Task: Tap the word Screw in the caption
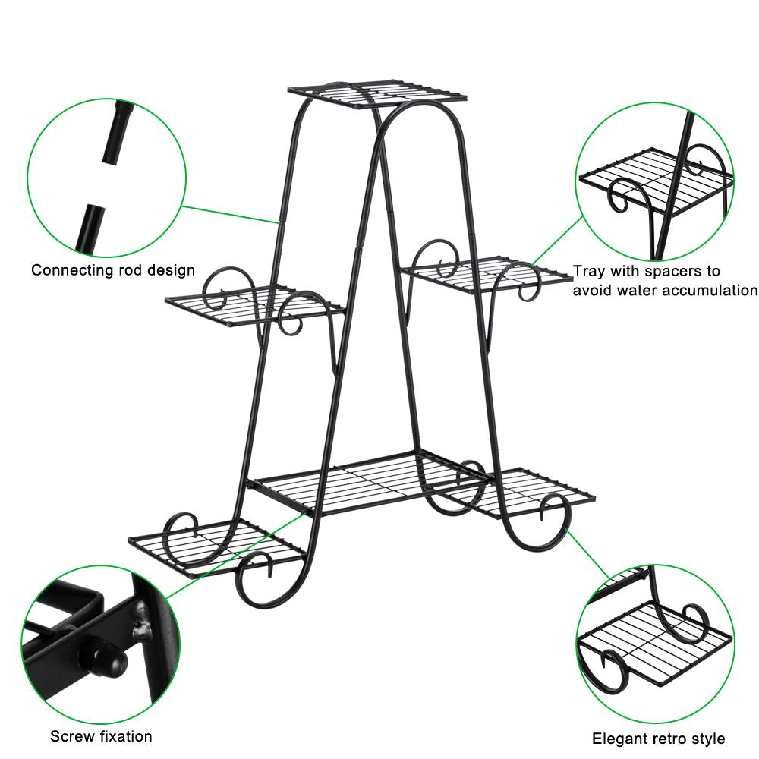72,736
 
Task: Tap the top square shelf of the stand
377,93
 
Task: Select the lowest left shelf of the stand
217,547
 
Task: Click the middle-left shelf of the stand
254,305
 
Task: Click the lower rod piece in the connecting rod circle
90,228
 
